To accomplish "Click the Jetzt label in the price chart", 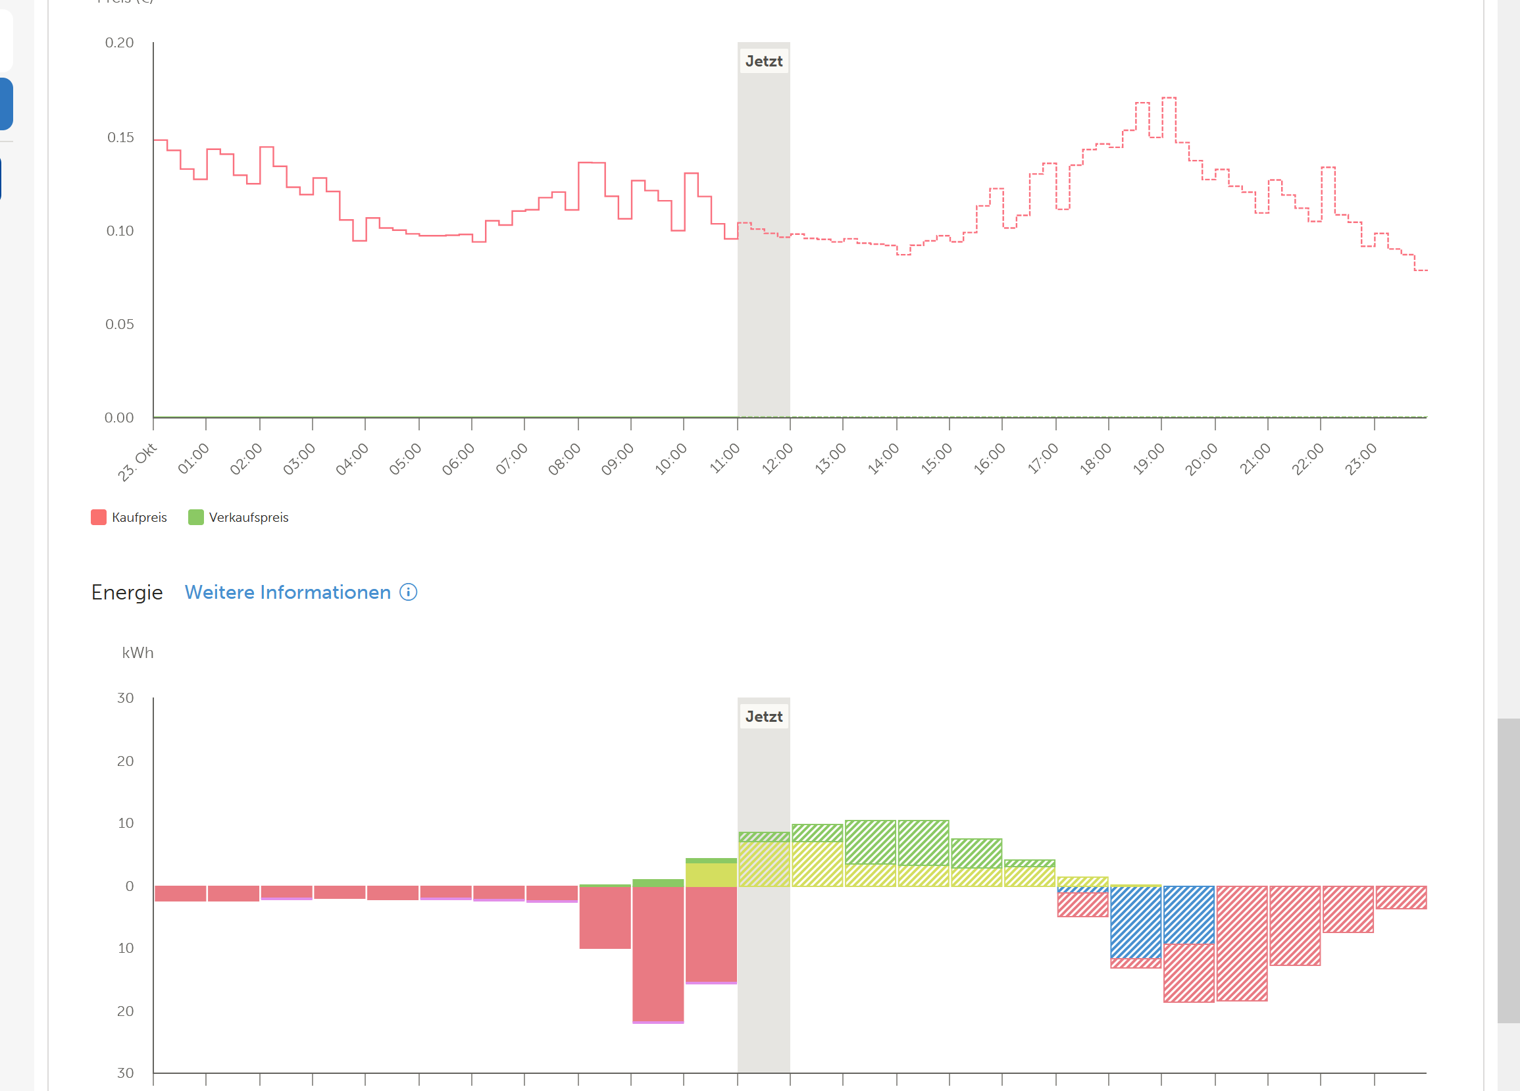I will tap(763, 61).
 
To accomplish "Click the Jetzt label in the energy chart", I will tap(763, 717).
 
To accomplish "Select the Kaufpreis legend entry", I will tap(130, 517).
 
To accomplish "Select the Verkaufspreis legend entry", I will tap(240, 517).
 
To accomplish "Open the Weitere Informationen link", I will tap(288, 592).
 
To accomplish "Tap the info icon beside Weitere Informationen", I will tap(408, 592).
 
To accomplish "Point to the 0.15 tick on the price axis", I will tap(120, 138).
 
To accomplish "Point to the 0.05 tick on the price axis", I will tap(119, 324).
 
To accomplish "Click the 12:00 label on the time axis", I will tap(776, 459).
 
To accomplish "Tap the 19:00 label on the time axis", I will tap(1148, 459).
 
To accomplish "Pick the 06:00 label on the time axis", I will tap(459, 459).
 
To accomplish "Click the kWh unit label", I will tap(138, 653).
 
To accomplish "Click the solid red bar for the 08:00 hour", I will tap(605, 917).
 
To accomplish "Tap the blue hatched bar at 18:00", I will tap(1135, 922).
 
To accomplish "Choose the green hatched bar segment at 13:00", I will tap(870, 842).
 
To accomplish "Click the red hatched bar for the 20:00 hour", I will tap(1242, 943).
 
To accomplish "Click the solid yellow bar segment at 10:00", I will tap(711, 875).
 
